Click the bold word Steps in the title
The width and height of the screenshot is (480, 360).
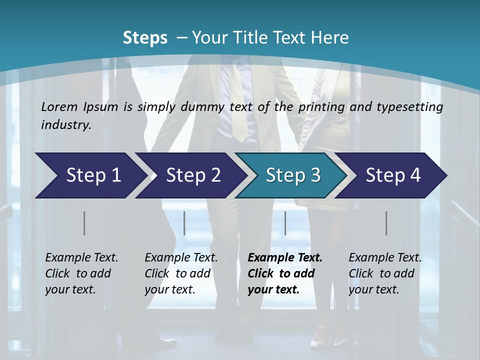[145, 38]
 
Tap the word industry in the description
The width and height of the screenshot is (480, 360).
[65, 124]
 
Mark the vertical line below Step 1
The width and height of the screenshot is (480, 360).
[84, 223]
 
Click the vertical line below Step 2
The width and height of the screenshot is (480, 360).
[184, 223]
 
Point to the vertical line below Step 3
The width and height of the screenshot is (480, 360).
[285, 223]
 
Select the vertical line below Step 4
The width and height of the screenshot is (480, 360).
[386, 223]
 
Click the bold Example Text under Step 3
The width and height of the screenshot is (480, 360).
[285, 273]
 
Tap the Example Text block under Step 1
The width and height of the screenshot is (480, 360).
[81, 273]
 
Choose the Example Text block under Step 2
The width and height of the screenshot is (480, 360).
[181, 273]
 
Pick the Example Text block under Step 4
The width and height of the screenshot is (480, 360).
[385, 273]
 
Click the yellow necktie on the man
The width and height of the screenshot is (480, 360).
[239, 110]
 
